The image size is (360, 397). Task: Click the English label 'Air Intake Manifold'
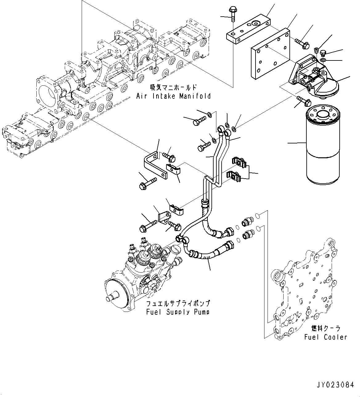(174, 96)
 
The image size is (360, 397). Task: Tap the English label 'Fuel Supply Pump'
(178, 312)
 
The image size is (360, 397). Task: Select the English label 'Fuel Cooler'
(325, 337)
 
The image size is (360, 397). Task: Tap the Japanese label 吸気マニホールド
(173, 88)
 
